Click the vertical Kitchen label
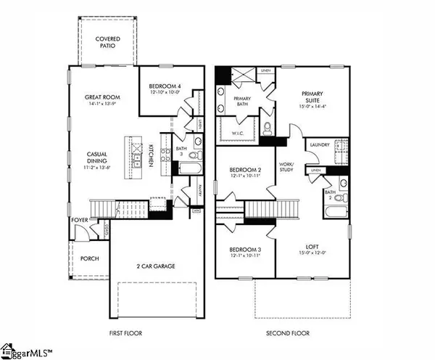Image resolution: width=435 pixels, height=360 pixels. click(x=150, y=154)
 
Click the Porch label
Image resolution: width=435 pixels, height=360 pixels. click(x=90, y=258)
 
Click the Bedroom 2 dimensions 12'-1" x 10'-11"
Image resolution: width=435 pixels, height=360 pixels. click(x=244, y=176)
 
